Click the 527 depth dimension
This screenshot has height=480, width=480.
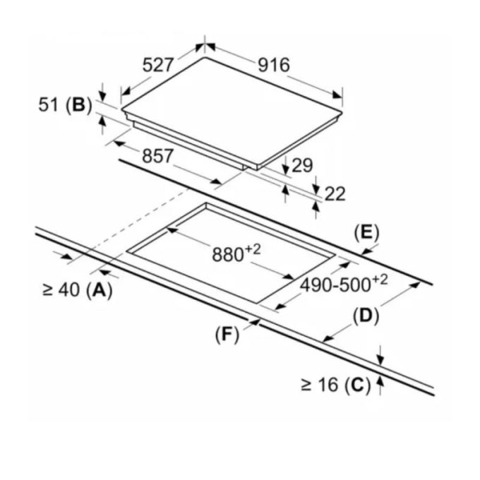point(158,65)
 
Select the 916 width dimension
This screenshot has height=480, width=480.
point(274,65)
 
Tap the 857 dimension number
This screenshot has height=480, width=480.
point(157,156)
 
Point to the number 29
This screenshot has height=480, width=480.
point(302,166)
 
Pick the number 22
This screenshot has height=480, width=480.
point(335,194)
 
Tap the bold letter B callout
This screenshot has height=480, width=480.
point(79,104)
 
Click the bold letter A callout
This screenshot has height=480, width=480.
point(100,290)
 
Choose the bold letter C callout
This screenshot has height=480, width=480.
point(357,385)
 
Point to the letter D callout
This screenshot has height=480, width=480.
point(366,316)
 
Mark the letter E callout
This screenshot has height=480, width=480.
point(366,233)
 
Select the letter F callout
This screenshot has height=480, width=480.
point(227,335)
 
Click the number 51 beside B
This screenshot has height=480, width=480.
point(48,104)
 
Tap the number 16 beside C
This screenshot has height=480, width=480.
point(328,385)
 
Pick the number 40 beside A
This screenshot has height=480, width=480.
point(69,290)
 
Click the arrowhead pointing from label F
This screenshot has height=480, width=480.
point(256,322)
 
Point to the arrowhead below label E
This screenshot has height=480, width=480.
point(366,251)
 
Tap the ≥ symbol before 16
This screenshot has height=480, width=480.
point(306,385)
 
